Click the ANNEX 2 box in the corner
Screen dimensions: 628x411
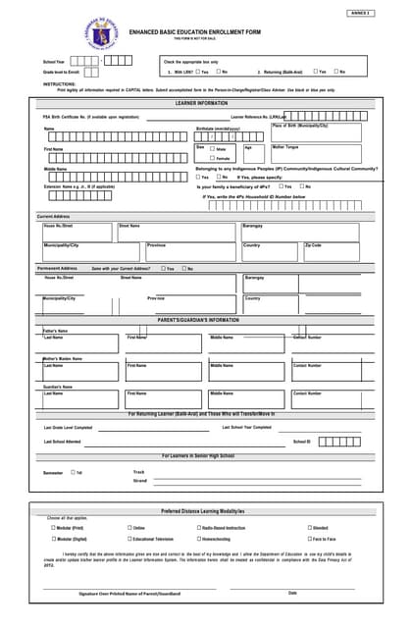click(361, 13)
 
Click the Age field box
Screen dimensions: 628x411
click(253, 153)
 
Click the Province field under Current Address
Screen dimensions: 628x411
click(191, 251)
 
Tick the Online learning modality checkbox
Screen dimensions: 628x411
click(129, 527)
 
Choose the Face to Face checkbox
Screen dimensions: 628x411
click(307, 539)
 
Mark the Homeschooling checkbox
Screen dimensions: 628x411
click(199, 539)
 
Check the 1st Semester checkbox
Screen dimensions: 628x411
click(73, 472)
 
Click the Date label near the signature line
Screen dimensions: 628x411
click(292, 593)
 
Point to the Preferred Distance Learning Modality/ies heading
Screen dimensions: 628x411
click(201, 511)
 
